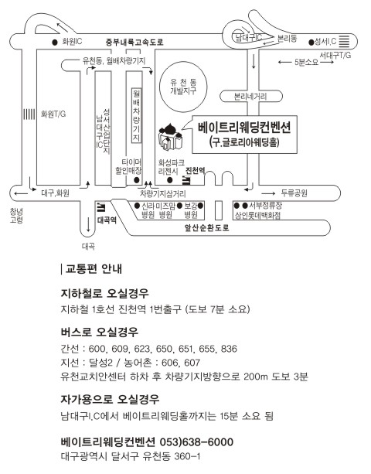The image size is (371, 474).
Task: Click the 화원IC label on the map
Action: click(x=72, y=42)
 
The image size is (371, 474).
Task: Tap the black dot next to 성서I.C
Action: click(x=311, y=43)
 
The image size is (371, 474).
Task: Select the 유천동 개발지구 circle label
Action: click(x=183, y=87)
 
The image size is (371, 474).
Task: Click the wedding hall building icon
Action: click(x=170, y=136)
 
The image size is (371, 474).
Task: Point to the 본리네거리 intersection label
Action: click(x=250, y=97)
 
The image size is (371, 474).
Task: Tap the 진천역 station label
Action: click(x=195, y=170)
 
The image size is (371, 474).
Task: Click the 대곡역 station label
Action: click(x=107, y=220)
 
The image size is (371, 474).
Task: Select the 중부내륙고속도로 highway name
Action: click(x=134, y=42)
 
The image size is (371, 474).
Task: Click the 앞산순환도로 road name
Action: click(x=207, y=227)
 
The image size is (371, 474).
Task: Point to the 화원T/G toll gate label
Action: click(x=53, y=114)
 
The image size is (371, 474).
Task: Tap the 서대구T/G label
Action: click(x=335, y=55)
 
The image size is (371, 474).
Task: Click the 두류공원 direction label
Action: click(x=294, y=193)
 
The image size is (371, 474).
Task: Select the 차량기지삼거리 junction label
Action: click(x=162, y=193)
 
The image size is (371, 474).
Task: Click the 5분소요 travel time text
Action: click(x=306, y=63)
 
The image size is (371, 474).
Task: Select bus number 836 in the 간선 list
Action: click(x=229, y=349)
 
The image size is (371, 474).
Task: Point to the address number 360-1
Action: click(x=187, y=456)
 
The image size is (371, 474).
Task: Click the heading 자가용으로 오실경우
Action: click(x=110, y=399)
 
